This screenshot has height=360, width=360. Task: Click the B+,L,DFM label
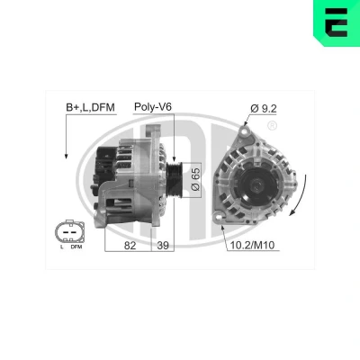tap(90, 107)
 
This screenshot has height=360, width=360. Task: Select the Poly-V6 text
tap(153, 107)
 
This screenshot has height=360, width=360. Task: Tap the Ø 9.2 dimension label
tap(264, 109)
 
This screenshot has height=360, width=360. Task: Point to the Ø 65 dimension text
tap(195, 179)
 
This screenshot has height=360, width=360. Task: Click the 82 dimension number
tap(130, 246)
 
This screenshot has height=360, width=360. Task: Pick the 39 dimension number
tap(163, 246)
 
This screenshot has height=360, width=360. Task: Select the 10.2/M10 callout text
tap(252, 245)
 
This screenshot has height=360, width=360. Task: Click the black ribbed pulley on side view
tap(175, 178)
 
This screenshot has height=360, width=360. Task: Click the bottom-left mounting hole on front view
tap(218, 217)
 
